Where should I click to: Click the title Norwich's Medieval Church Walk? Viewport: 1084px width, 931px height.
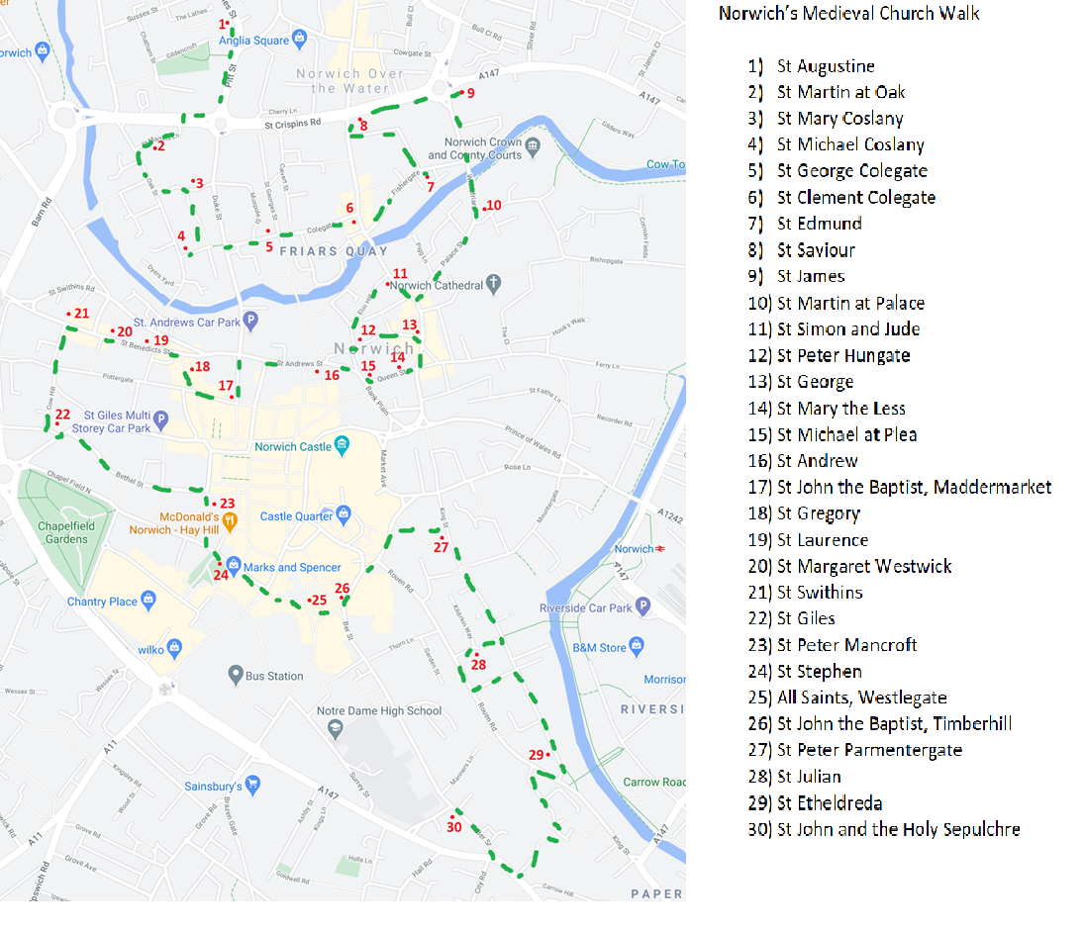pos(848,14)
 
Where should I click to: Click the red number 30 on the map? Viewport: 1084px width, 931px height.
pos(454,827)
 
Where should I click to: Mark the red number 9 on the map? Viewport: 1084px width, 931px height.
pos(470,93)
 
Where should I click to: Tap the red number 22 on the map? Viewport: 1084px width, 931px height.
pos(62,415)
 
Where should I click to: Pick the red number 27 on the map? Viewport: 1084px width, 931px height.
pos(441,547)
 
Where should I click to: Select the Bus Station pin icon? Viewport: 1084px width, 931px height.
pos(235,675)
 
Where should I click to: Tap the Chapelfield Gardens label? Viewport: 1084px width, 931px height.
pos(65,532)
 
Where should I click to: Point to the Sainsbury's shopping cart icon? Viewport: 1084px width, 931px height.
pos(252,786)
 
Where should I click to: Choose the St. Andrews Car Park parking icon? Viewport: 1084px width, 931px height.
pos(250,321)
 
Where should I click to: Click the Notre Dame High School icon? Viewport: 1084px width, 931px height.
pos(335,727)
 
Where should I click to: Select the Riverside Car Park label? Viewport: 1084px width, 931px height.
pos(585,607)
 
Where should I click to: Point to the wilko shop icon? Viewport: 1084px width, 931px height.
pos(174,649)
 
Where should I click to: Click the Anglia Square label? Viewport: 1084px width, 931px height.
pos(253,41)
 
